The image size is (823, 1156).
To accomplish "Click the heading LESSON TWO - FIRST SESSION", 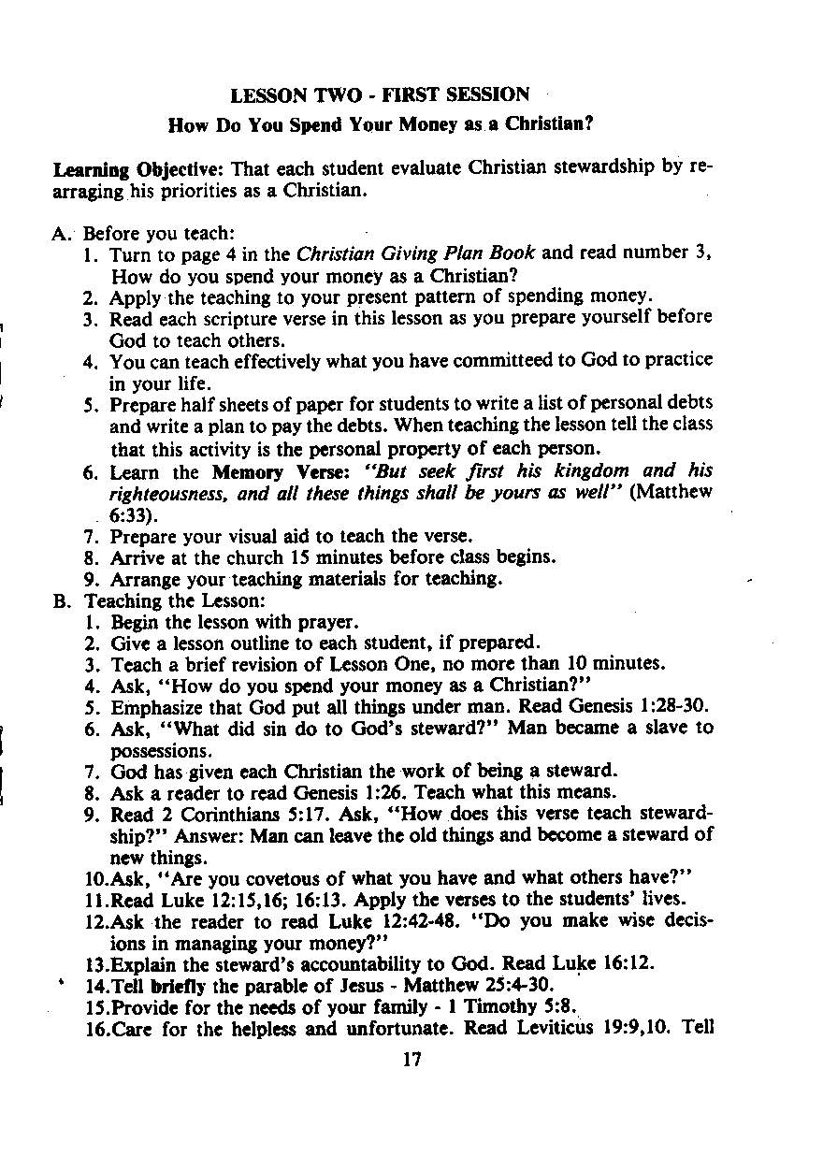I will click(380, 95).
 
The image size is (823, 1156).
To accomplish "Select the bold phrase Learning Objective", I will click(139, 169).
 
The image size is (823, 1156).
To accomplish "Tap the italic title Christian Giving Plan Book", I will click(416, 253).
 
